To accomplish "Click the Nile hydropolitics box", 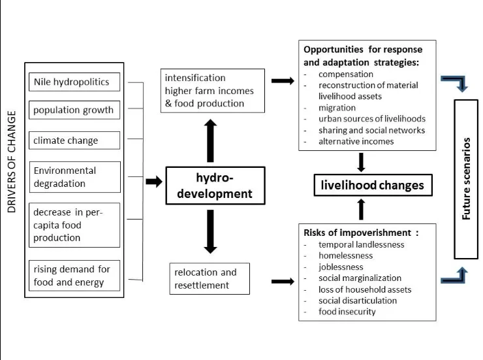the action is [x=74, y=82].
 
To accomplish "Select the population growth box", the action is [x=74, y=110].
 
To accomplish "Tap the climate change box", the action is [x=74, y=140].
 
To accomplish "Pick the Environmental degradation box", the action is [x=75, y=177].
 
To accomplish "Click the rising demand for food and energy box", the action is [x=74, y=276].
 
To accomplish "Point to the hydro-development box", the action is [x=215, y=186].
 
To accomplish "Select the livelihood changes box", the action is [x=373, y=185].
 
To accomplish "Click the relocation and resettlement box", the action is [x=210, y=278].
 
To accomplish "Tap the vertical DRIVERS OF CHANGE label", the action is [x=11, y=162].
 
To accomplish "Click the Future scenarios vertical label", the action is [x=466, y=179].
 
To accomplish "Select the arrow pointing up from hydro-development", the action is [x=210, y=140].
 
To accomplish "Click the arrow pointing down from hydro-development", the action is [x=210, y=232].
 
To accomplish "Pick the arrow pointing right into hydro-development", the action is [x=154, y=181].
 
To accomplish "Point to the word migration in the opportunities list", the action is [x=337, y=108].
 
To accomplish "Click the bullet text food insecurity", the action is [x=347, y=312].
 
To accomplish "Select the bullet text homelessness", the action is [x=346, y=255].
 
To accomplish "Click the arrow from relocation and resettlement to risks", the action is [x=283, y=282].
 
